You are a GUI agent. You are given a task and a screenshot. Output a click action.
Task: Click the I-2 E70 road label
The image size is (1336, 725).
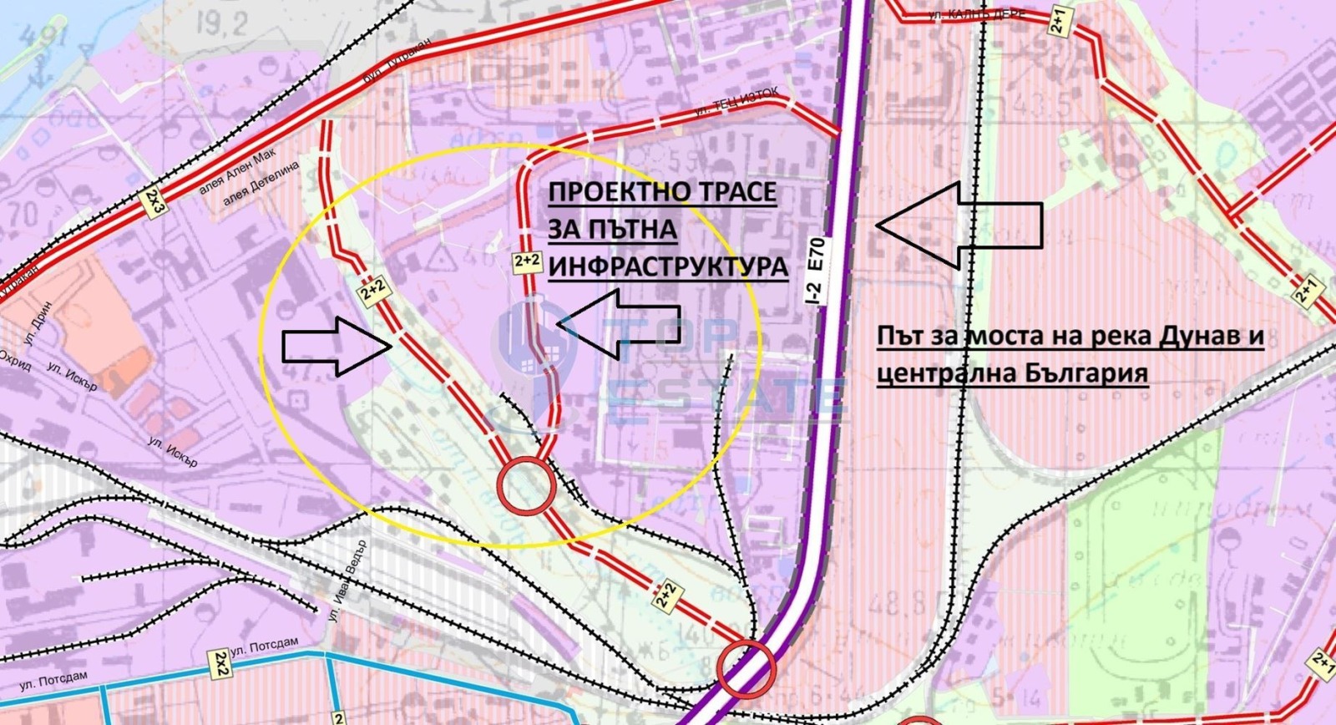(816, 269)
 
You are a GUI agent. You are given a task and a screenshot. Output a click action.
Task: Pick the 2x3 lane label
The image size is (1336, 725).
(154, 203)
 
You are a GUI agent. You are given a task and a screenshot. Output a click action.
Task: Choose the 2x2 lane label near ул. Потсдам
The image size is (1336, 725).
(220, 663)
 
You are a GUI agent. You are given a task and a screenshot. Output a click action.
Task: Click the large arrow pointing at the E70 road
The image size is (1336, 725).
(959, 225)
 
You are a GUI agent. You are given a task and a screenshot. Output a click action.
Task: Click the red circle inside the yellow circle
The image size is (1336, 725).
(526, 486)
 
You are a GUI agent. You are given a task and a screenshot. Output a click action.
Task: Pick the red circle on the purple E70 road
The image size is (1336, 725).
(746, 668)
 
